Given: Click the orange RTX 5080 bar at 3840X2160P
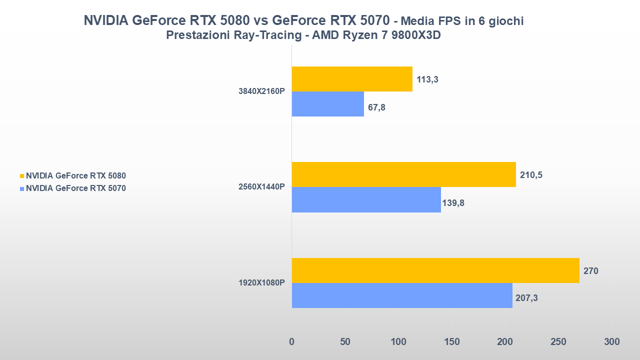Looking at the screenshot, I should click(x=352, y=79).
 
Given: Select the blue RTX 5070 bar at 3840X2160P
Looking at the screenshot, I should click(x=328, y=104).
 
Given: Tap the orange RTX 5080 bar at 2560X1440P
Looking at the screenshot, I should click(x=403, y=174).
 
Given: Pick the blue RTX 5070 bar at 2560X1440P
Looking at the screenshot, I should click(x=366, y=199).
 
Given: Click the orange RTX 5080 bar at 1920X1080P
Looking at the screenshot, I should click(x=435, y=270).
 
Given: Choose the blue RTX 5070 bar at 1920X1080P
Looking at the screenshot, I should click(x=402, y=295).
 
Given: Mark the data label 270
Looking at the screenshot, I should click(x=590, y=271).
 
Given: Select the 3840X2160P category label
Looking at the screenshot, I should click(x=261, y=91).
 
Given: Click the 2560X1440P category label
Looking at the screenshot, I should click(x=261, y=187).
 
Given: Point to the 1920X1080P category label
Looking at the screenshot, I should click(x=261, y=283).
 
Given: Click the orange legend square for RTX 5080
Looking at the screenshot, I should click(x=22, y=176).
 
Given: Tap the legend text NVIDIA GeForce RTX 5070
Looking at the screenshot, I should click(x=76, y=188).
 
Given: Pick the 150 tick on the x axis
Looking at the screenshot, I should click(x=451, y=342).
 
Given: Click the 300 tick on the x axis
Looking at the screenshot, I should click(x=611, y=342).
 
